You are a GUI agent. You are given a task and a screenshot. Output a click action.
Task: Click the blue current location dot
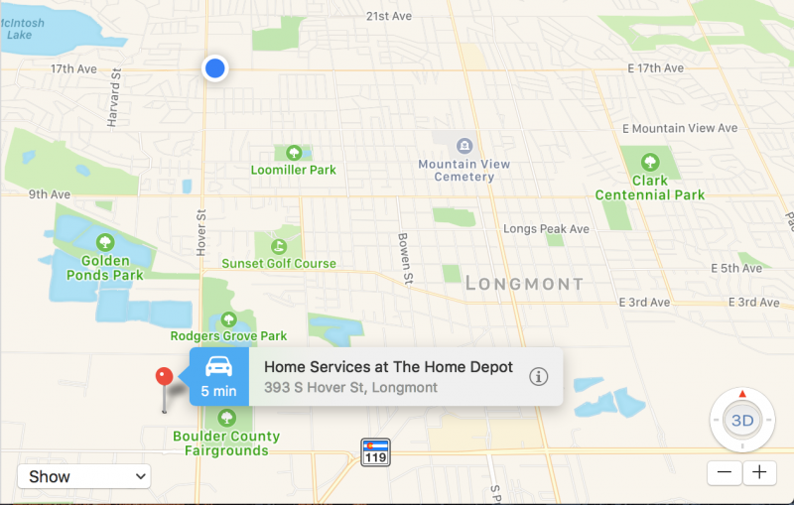coord(214,68)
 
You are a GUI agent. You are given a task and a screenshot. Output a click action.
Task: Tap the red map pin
coord(165,378)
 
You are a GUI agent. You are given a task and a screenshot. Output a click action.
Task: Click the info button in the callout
coord(538,376)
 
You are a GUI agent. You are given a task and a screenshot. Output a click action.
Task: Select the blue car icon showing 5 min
coord(218,376)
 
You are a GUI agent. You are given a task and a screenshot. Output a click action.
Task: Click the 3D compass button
coord(741,420)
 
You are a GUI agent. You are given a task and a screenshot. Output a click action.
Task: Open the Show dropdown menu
coord(83,476)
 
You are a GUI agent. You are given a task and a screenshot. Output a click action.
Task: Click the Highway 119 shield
coord(375,451)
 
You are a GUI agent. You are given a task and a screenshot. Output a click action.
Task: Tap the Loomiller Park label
coord(293,170)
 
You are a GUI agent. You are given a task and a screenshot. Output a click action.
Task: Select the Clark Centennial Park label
coord(650,189)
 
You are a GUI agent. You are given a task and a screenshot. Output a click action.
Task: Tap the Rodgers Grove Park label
coord(228,336)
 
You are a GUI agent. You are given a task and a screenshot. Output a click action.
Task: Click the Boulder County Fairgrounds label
coord(226,443)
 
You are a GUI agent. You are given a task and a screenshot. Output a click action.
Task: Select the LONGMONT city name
coord(524,284)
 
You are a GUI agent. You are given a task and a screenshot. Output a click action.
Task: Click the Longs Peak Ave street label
coord(546,229)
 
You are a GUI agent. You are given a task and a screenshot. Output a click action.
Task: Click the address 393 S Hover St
coord(350,388)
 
